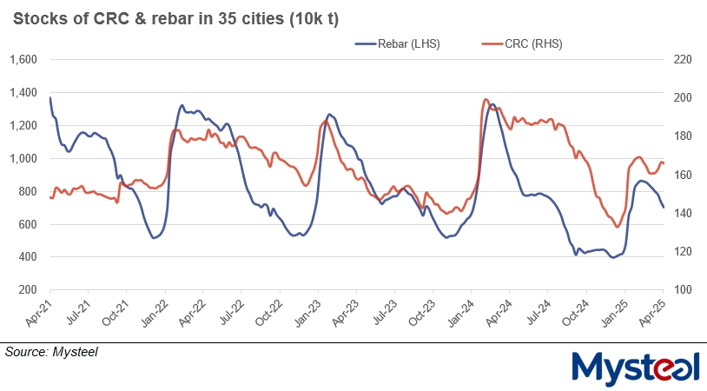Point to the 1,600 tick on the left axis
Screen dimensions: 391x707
click(x=23, y=60)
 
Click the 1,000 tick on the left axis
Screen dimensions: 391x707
click(x=23, y=159)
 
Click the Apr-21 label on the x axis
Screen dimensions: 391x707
click(x=39, y=313)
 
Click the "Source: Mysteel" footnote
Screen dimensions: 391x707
click(x=52, y=352)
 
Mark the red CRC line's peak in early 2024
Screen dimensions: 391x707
click(x=486, y=100)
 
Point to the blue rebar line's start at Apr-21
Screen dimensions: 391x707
click(x=50, y=97)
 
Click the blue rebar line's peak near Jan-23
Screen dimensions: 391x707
click(x=329, y=114)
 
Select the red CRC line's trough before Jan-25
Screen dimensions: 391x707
click(x=617, y=227)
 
